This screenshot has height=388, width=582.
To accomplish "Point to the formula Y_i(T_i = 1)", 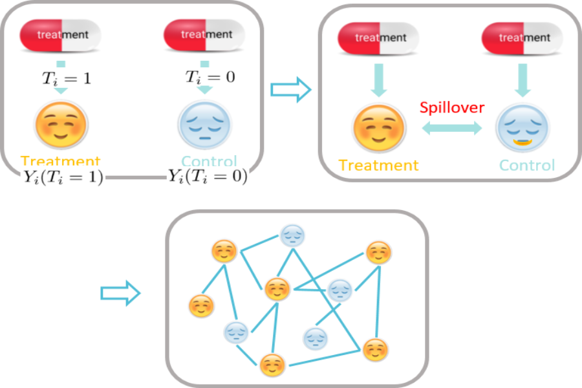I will click(62, 177).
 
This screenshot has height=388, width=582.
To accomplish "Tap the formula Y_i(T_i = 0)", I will click(208, 176).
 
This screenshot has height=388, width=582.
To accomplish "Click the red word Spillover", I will click(451, 108).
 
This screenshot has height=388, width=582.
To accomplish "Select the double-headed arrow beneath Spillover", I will click(452, 128).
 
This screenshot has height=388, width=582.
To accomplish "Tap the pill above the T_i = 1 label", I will click(62, 34).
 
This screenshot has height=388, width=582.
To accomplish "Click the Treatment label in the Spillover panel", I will click(379, 165).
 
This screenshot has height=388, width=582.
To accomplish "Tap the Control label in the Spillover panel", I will click(526, 165).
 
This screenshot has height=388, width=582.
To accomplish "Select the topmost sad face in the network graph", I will click(291, 233).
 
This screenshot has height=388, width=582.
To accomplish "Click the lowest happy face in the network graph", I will click(272, 365).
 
